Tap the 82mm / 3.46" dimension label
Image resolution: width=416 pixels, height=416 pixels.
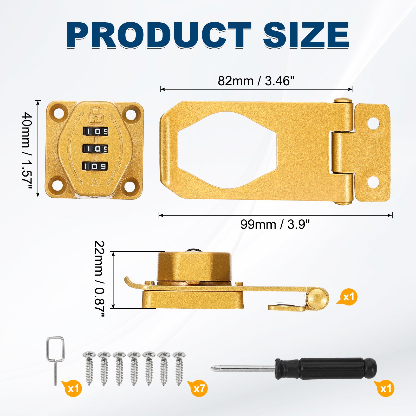coord(256,81)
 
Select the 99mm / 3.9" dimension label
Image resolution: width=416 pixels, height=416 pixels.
coord(275,224)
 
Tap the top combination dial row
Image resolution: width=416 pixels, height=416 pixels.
coord(95,131)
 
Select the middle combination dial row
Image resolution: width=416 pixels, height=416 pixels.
coord(95,149)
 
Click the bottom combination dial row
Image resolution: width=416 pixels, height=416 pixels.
coord(95,166)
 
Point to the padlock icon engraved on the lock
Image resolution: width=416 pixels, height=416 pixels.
coord(95,116)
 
